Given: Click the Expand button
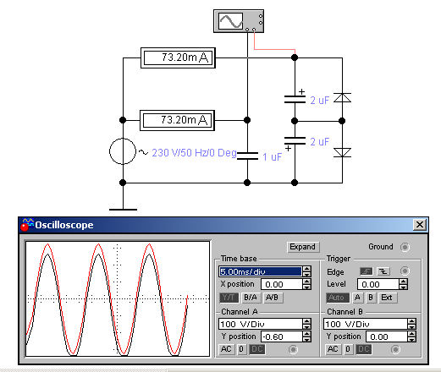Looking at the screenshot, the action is point(303,247).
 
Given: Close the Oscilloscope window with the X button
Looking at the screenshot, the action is point(420,225).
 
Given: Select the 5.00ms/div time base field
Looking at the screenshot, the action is point(260,271).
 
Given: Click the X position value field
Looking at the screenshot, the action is point(281,284).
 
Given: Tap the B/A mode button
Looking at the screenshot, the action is point(251,298).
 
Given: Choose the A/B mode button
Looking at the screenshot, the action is point(272,298).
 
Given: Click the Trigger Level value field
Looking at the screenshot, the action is point(378,284).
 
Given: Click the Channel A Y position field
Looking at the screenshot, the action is point(281,336).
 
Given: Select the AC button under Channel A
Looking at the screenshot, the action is point(226,349).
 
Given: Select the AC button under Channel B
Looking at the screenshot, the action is point(333,349).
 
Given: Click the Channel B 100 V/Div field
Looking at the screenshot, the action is point(366,324).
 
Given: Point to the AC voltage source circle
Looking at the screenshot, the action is point(123,151).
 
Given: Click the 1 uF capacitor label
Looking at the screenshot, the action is point(272,157).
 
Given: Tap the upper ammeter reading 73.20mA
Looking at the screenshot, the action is point(178,57).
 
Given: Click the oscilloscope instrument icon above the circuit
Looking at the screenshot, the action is point(239,21).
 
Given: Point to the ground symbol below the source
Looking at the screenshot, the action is point(123,210).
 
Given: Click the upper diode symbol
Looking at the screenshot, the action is point(342,97).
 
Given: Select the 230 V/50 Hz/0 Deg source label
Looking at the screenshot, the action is point(194,153).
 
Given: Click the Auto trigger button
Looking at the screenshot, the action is point(337,298).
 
